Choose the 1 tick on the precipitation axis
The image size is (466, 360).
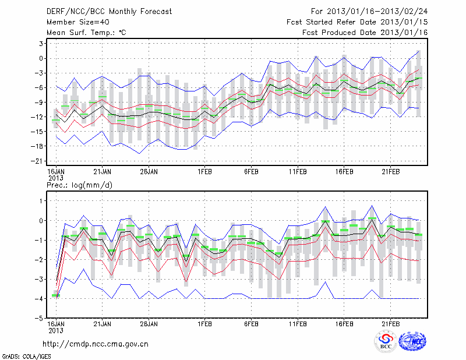[x=43, y=200]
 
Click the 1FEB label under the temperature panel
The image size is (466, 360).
[x=204, y=172]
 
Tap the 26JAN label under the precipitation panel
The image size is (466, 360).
[x=150, y=323]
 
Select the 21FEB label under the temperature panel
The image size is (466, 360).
[x=391, y=172]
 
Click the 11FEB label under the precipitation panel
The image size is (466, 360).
[x=298, y=323]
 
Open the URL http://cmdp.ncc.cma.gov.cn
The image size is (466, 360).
[x=96, y=344]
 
